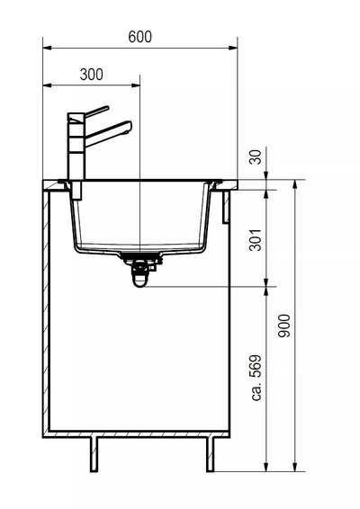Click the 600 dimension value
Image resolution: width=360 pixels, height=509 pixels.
click(x=139, y=37)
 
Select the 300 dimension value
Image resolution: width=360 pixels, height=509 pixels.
click(x=91, y=75)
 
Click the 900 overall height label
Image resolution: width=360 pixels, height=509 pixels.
click(x=284, y=325)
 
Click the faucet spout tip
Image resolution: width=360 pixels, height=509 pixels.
click(x=129, y=126)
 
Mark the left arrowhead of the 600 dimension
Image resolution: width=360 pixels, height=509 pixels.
click(x=48, y=48)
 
